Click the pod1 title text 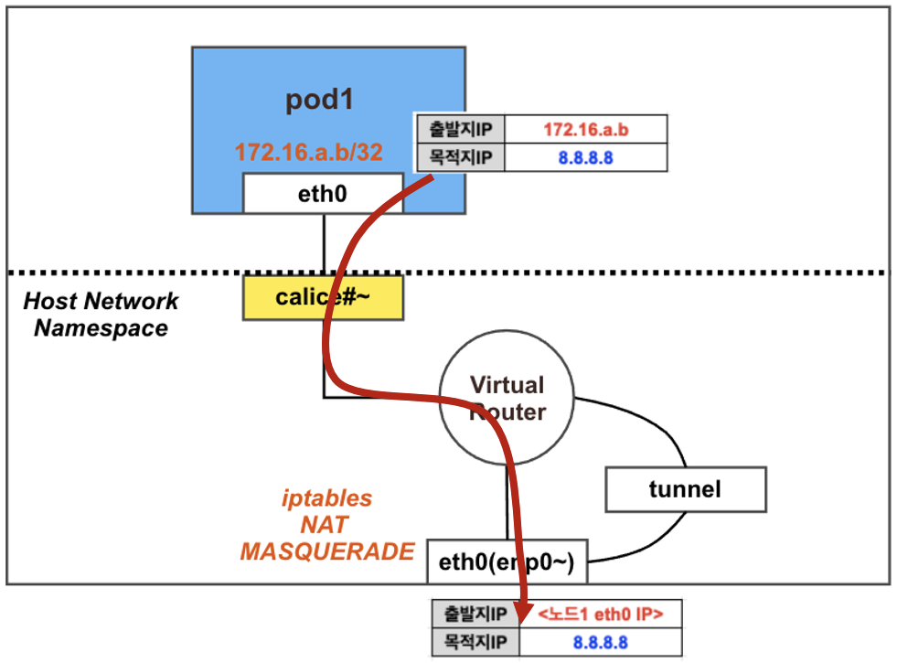319,100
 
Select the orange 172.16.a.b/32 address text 308,152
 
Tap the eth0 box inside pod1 322,194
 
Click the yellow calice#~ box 322,299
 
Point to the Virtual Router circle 506,398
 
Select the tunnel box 685,489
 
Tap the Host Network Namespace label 101,315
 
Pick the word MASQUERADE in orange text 326,551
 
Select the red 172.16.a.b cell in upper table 585,130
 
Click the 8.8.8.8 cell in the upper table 585,158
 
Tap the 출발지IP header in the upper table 460,130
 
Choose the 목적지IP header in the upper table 460,158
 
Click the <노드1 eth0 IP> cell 600,614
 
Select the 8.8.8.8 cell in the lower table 600,642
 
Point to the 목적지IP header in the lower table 475,642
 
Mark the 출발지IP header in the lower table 475,614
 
